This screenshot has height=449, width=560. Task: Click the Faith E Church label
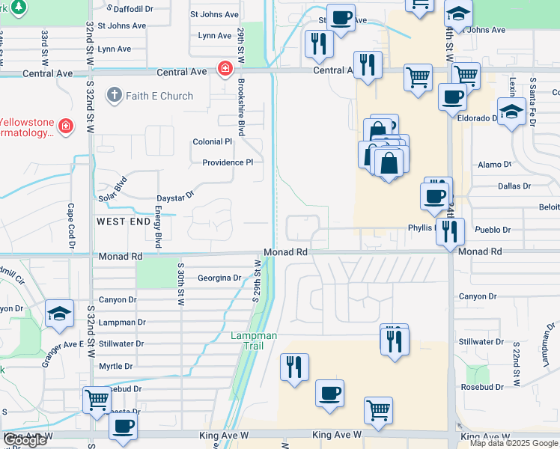[x=159, y=96]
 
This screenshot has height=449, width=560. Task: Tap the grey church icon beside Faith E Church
[x=114, y=96]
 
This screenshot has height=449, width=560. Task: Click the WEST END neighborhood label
[x=124, y=222]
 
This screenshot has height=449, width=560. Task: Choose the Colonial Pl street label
[x=213, y=141]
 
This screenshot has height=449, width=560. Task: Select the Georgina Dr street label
[x=219, y=278]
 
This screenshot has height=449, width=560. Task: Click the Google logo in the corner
[x=24, y=441]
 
